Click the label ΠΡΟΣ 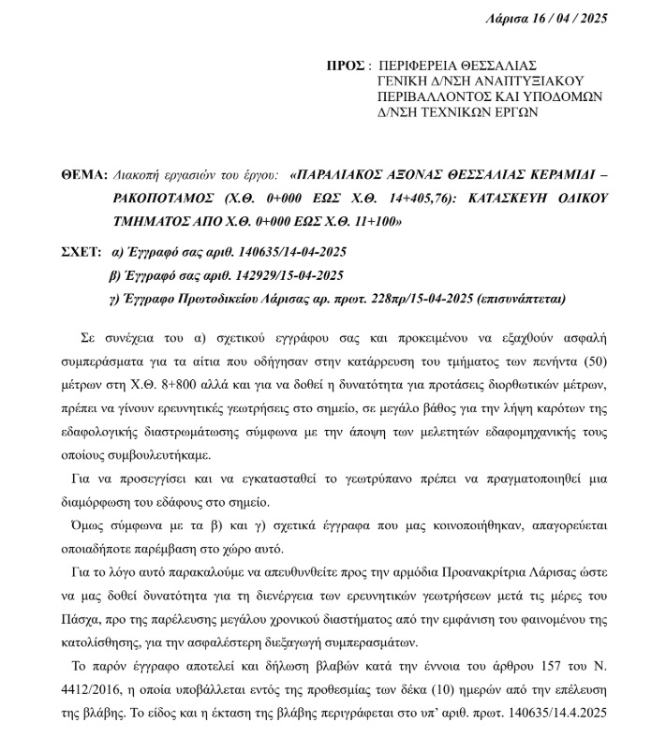click(x=344, y=66)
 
